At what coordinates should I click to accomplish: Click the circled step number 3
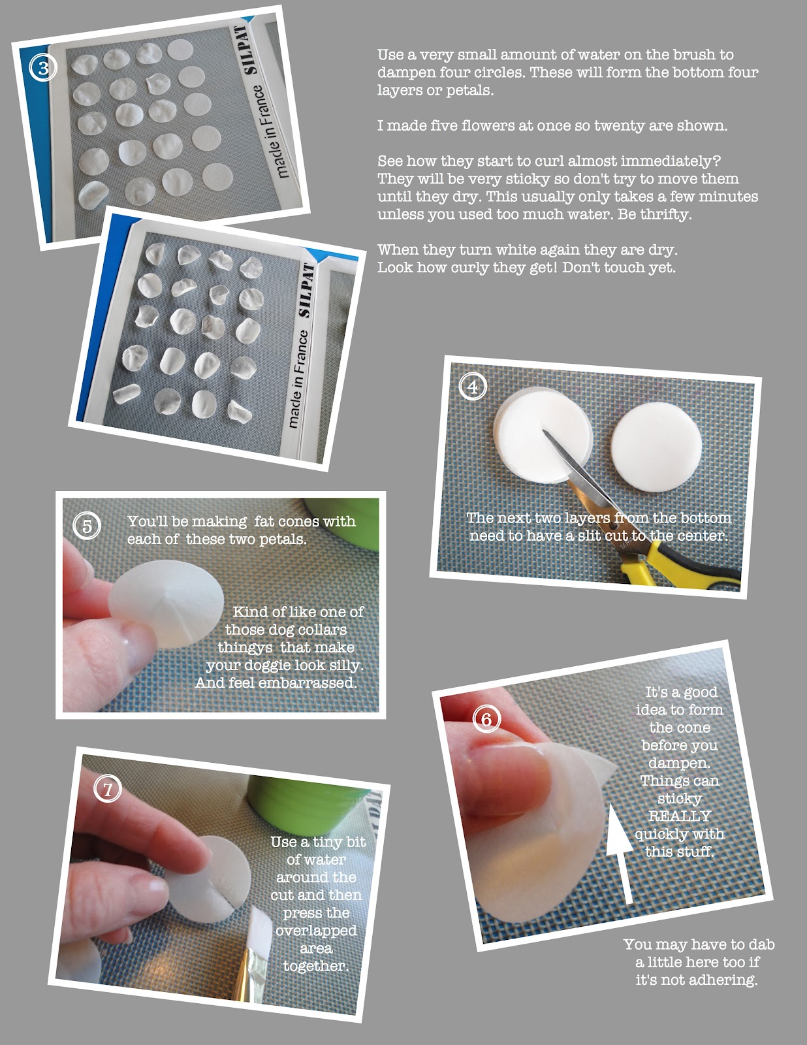coord(43,68)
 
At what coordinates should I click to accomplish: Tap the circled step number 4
coord(473,387)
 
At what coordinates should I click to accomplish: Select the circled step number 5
coord(87,526)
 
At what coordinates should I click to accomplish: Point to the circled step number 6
coord(486,719)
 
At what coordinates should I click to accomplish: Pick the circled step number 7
coord(108,789)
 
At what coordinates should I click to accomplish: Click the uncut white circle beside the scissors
coord(657,447)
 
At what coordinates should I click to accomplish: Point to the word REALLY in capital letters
coord(680,816)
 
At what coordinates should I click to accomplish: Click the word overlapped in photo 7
coord(316,931)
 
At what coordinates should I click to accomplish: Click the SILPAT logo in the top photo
coord(250,50)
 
